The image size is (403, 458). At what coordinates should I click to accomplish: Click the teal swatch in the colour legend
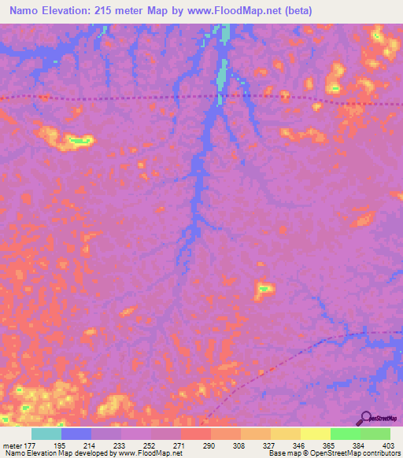pyautogui.click(x=46, y=434)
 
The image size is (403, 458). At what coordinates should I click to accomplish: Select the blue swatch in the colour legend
pyautogui.click(x=76, y=434)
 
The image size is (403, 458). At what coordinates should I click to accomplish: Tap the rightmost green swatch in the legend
pyautogui.click(x=375, y=434)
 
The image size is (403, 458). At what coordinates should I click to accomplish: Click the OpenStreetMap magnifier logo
pyautogui.click(x=366, y=418)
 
